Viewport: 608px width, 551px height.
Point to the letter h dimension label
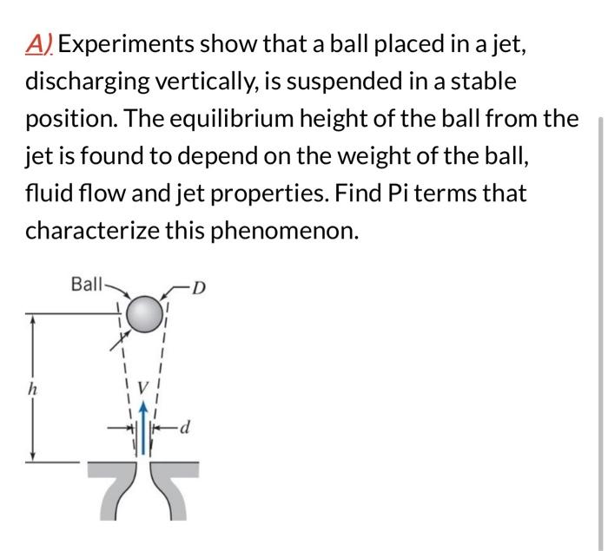pos(32,390)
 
